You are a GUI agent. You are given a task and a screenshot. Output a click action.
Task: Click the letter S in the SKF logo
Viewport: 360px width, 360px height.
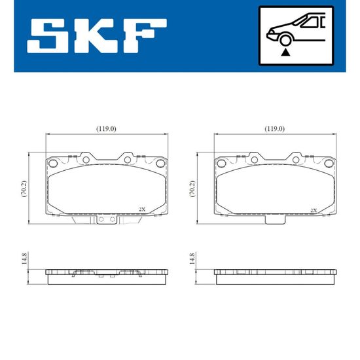pyautogui.click(x=48, y=36)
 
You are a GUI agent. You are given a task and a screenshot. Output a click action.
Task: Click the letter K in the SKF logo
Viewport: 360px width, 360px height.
pyautogui.click(x=94, y=36)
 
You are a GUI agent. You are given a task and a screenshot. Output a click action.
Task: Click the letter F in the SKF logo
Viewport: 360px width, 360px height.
pyautogui.click(x=145, y=36)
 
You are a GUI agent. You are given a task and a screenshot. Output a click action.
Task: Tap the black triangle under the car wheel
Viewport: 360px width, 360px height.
pyautogui.click(x=285, y=52)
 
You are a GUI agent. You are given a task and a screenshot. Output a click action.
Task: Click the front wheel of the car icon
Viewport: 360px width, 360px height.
pyautogui.click(x=285, y=40)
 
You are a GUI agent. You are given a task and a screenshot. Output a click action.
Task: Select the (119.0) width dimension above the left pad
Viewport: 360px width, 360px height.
pyautogui.click(x=106, y=129)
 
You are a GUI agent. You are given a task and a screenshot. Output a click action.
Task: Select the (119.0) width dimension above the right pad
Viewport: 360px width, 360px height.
pyautogui.click(x=275, y=129)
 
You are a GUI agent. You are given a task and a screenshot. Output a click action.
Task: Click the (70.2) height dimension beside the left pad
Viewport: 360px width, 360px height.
pyautogui.click(x=24, y=189)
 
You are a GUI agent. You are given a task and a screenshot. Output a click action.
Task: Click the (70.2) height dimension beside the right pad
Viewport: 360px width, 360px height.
pyautogui.click(x=192, y=189)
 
